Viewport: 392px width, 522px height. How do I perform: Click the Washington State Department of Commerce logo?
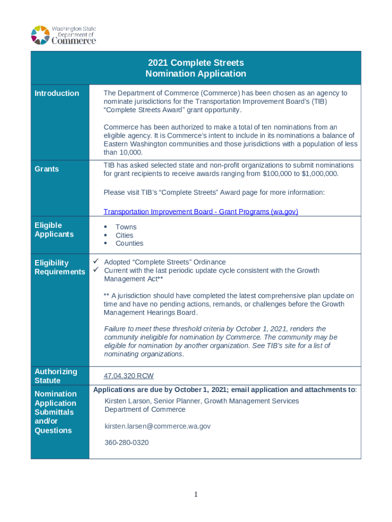[63, 35]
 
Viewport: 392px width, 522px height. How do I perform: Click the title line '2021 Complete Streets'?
[195, 63]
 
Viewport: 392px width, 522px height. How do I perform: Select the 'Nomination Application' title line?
[195, 74]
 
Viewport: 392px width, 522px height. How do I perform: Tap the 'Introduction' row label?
[57, 93]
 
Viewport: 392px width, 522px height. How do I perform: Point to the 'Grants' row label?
[46, 169]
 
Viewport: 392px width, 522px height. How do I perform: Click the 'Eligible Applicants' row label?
[54, 230]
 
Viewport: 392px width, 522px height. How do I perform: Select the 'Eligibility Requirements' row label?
[60, 268]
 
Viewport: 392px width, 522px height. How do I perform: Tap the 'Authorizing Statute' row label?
[55, 376]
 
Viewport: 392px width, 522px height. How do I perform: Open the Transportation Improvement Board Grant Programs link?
[201, 212]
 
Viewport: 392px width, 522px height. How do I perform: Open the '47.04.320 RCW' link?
[128, 376]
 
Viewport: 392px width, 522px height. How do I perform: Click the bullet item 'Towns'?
[126, 227]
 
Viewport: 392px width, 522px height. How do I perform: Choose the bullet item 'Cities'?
[124, 236]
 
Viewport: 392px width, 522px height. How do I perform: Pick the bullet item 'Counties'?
[129, 244]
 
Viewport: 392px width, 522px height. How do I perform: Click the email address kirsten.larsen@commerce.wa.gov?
[157, 426]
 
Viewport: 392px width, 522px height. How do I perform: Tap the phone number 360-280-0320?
[126, 442]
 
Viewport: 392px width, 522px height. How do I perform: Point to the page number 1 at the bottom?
[196, 494]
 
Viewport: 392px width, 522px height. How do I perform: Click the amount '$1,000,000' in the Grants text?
[319, 174]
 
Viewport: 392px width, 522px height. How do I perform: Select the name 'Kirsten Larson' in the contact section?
[127, 401]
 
